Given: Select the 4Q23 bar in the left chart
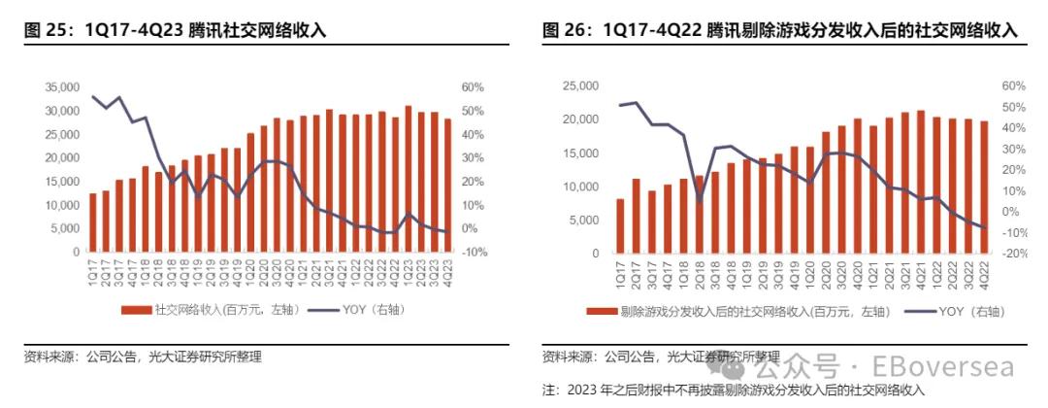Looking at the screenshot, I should coord(447,186).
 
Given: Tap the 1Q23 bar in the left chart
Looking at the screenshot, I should coord(409,179).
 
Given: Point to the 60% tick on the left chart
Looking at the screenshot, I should coord(473,87).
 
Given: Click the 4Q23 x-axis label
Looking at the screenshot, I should coord(447,274).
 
